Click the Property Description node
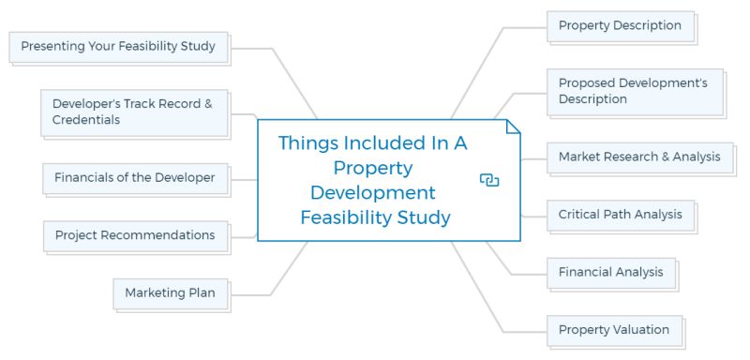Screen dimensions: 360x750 click(620, 25)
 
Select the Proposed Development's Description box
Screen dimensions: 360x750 click(633, 91)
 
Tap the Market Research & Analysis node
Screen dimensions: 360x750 click(639, 157)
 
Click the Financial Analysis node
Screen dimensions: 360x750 click(610, 272)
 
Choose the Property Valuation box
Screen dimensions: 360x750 click(613, 329)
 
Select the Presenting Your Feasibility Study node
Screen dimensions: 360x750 click(118, 45)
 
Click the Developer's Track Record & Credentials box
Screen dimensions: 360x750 click(133, 112)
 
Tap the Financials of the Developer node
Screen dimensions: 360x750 click(134, 176)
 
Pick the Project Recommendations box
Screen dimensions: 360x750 click(134, 234)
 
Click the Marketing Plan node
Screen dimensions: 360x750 click(170, 292)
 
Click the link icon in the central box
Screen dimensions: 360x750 click(488, 179)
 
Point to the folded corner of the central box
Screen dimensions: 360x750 click(512, 127)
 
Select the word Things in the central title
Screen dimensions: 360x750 click(310, 143)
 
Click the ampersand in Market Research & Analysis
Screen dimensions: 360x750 click(665, 157)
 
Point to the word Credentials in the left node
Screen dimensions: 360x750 click(86, 120)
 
